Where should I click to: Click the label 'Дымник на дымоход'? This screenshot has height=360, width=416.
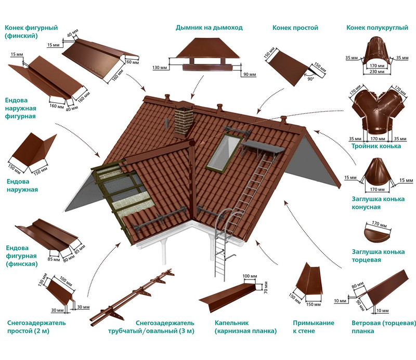click(209, 28)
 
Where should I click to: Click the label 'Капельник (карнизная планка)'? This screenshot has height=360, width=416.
click(245, 327)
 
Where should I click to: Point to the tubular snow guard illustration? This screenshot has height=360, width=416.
click(133, 296)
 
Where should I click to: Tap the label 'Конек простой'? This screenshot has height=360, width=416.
click(295, 28)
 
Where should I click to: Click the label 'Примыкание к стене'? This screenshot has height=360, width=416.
click(313, 327)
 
